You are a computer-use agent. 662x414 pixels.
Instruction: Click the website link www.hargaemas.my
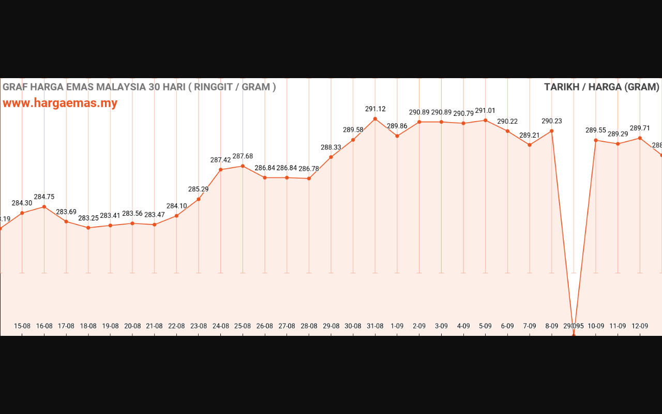point(60,103)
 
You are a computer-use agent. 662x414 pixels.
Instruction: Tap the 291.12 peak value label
point(375,109)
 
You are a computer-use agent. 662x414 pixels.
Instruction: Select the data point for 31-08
point(375,119)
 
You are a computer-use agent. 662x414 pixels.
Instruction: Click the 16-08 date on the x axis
point(44,326)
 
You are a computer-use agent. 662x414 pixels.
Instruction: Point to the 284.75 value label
point(44,197)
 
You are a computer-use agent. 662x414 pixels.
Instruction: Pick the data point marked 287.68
point(243,166)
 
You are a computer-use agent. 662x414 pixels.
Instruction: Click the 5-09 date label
point(485,326)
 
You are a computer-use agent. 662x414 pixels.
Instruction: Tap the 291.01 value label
point(485,111)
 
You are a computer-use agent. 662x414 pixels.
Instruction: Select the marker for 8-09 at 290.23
point(552,131)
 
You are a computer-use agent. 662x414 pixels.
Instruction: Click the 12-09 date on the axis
point(640,326)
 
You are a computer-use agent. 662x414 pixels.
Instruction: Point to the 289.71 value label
point(640,128)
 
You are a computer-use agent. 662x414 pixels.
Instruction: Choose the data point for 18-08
point(88,228)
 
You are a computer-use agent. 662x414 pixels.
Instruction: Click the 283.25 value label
point(88,218)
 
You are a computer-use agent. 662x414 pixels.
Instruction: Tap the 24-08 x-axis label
point(221,326)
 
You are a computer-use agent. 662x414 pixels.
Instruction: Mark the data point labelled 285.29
point(199,199)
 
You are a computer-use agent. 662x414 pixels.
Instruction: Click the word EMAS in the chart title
point(82,87)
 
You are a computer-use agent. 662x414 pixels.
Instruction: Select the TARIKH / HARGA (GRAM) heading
point(601,87)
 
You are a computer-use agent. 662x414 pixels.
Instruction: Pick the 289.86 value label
point(397,126)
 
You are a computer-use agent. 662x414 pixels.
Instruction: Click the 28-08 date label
point(309,326)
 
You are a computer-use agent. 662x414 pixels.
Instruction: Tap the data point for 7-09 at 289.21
point(530,145)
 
